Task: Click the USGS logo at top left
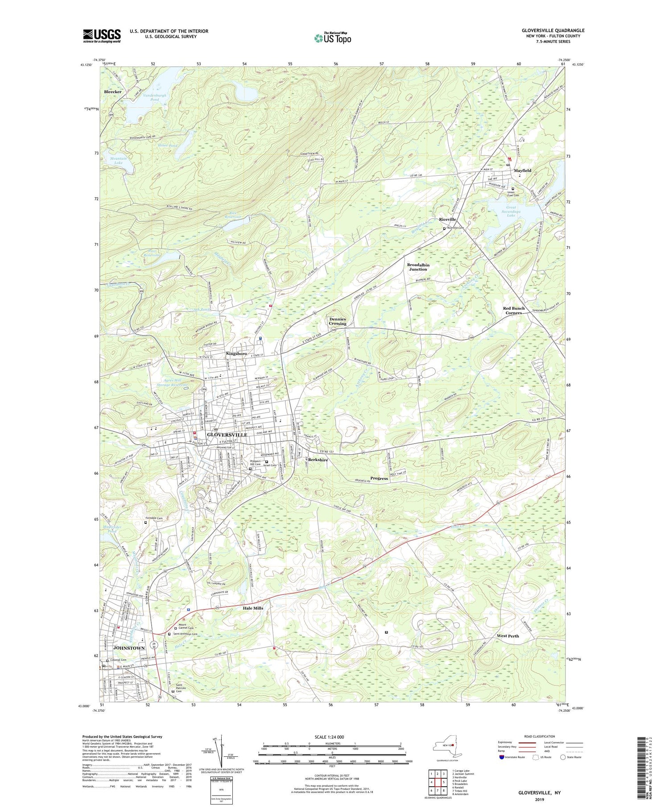tap(102, 36)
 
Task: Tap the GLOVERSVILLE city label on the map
tap(227, 435)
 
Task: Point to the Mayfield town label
tap(522, 171)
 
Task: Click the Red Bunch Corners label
tap(513, 311)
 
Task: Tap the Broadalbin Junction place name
tap(418, 267)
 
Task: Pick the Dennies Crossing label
tap(338, 321)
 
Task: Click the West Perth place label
tap(508, 636)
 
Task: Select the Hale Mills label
tap(253, 608)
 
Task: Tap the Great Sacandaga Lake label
tap(511, 211)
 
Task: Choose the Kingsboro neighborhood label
tap(236, 353)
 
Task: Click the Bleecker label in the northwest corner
tap(112, 91)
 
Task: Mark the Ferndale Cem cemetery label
tap(154, 519)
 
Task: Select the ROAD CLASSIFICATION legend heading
tap(540, 736)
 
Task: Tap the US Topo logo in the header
tap(332, 38)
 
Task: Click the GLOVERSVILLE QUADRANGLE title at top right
tap(553, 30)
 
